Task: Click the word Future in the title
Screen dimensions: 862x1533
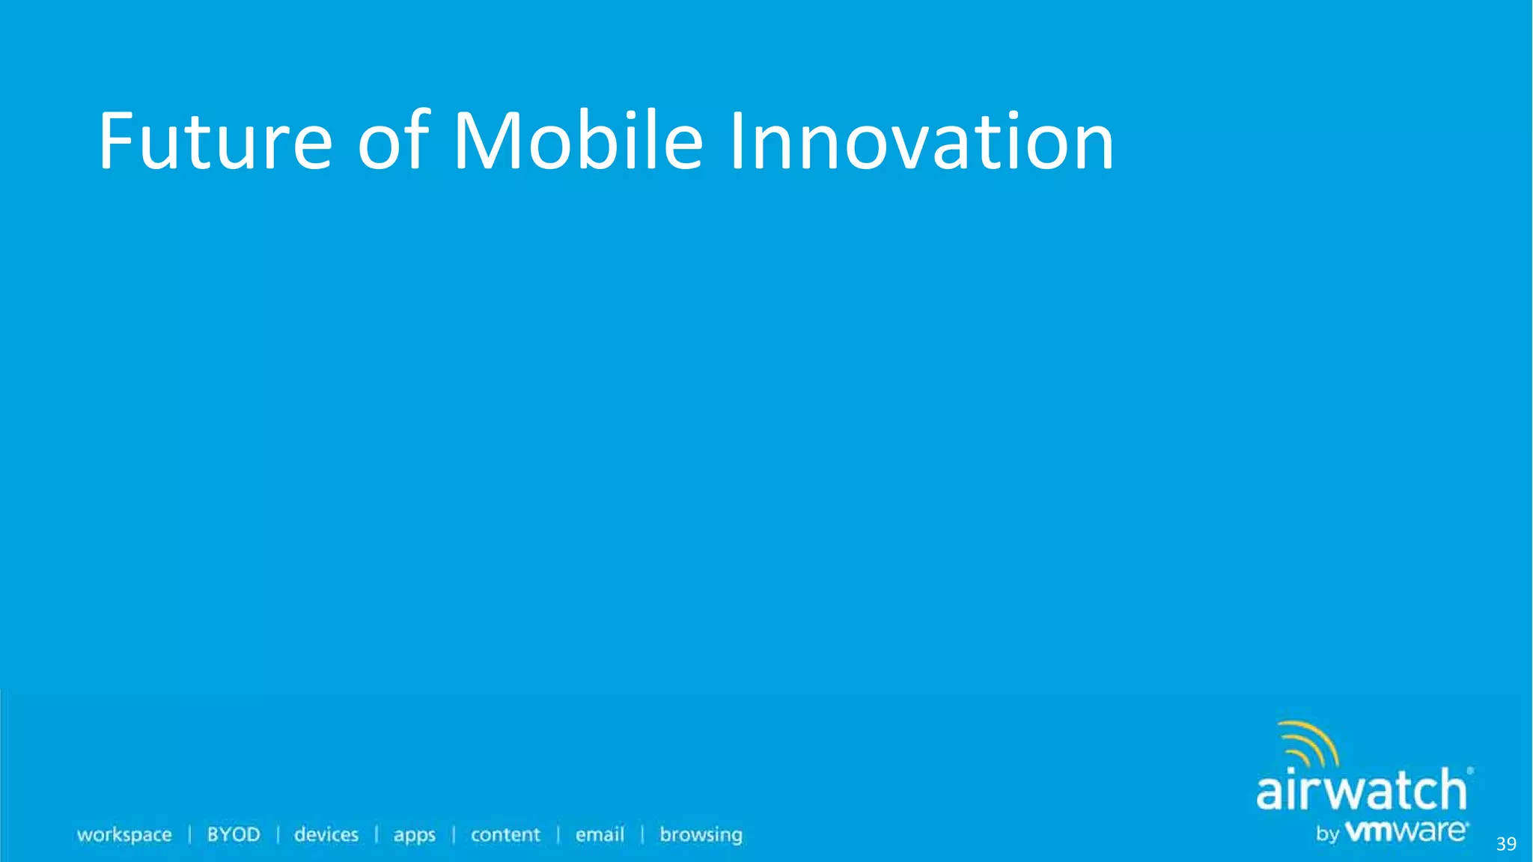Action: point(216,141)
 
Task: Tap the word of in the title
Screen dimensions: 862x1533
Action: point(393,141)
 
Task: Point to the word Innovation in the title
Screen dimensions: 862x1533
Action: point(921,141)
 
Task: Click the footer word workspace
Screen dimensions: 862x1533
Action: point(124,835)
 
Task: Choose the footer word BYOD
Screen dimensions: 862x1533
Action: point(234,834)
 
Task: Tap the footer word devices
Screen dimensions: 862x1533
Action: point(326,834)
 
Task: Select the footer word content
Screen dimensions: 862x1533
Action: point(505,834)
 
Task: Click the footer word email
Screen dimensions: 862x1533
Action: point(600,834)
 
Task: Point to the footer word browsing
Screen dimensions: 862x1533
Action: point(701,835)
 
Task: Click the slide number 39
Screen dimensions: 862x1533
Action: point(1506,844)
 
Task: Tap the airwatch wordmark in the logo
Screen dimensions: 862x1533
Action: point(1361,790)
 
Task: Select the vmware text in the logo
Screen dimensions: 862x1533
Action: point(1406,831)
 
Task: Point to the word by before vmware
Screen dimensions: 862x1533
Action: point(1327,834)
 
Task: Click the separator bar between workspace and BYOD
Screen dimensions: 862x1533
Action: point(190,834)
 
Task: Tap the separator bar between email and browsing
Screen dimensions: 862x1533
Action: point(642,834)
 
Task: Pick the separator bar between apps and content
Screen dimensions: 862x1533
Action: point(454,834)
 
